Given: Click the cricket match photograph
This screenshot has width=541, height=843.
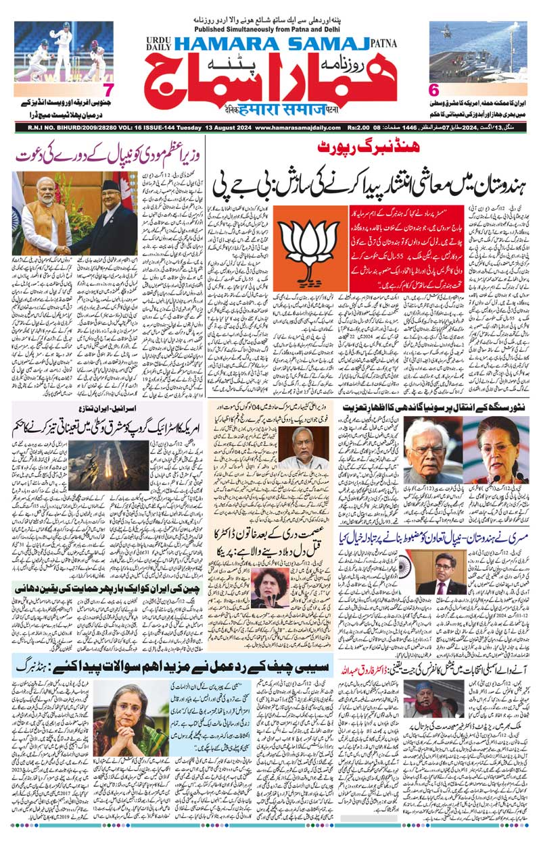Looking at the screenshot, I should pos(63,51).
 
